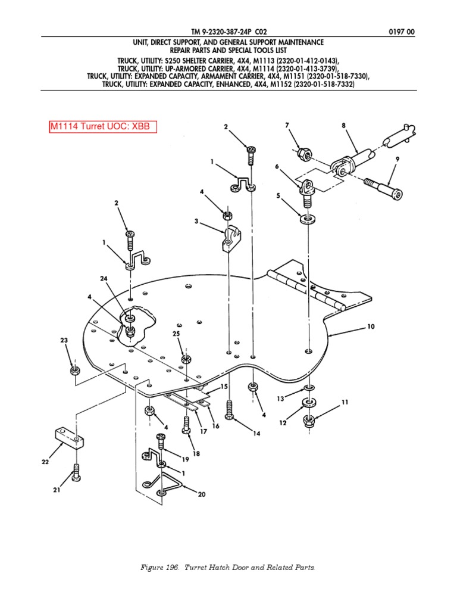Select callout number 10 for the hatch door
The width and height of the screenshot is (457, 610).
370,326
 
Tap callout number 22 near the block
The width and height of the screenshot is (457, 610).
45,462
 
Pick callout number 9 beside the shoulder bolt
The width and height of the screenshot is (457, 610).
397,159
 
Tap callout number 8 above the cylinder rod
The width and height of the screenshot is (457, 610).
343,126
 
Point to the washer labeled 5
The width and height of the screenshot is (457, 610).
308,219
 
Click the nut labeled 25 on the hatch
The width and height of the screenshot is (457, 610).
186,359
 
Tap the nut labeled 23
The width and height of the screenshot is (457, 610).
74,370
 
